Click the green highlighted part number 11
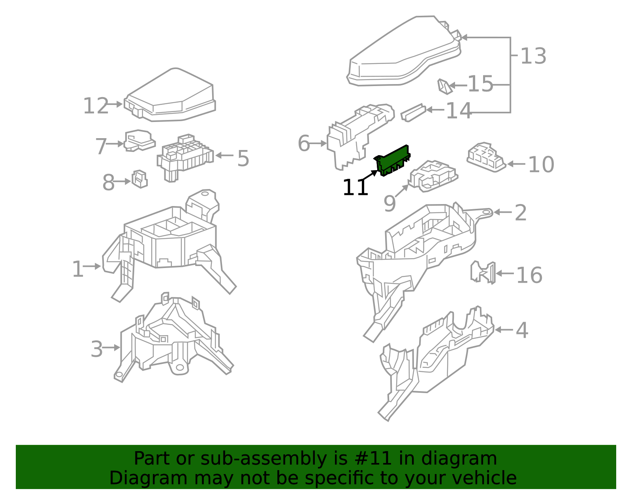[392, 160]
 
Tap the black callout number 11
[355, 188]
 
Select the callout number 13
[533, 56]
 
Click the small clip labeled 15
[444, 86]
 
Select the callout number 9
[389, 204]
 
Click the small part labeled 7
[139, 141]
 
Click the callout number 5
[243, 159]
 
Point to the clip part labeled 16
[483, 272]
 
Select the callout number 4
[522, 330]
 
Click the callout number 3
[97, 350]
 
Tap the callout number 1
[78, 270]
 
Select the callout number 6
[304, 143]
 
